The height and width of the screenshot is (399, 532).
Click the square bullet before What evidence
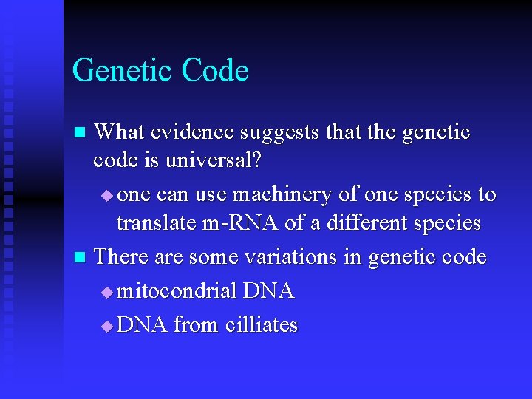pyautogui.click(x=81, y=133)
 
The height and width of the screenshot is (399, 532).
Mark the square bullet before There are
pyautogui.click(x=81, y=258)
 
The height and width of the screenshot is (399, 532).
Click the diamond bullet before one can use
pyautogui.click(x=107, y=195)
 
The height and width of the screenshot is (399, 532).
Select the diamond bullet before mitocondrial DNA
pyautogui.click(x=107, y=293)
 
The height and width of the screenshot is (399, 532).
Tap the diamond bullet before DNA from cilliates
pyautogui.click(x=107, y=326)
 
